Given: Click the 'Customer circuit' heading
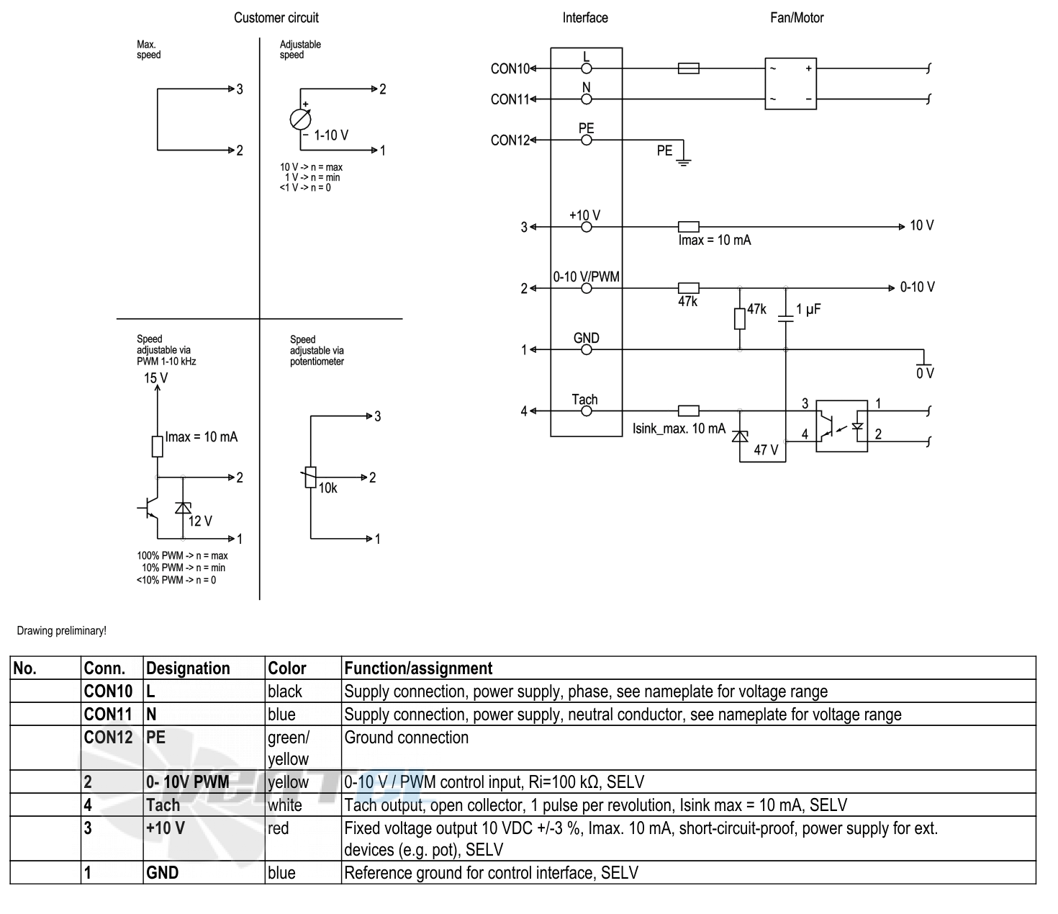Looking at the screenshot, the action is tap(276, 17).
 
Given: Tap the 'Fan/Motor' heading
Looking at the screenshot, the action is tap(797, 17).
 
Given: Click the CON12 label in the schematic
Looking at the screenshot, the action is tap(510, 140).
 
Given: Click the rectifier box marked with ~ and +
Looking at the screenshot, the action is tap(790, 84).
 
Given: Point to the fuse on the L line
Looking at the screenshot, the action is tap(689, 68).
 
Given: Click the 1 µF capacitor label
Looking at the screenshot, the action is tap(808, 309).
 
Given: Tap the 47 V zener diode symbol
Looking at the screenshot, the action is tap(740, 436).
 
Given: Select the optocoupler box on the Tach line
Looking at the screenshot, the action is tap(841, 426).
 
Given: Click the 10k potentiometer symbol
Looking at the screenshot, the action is tap(310, 477).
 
